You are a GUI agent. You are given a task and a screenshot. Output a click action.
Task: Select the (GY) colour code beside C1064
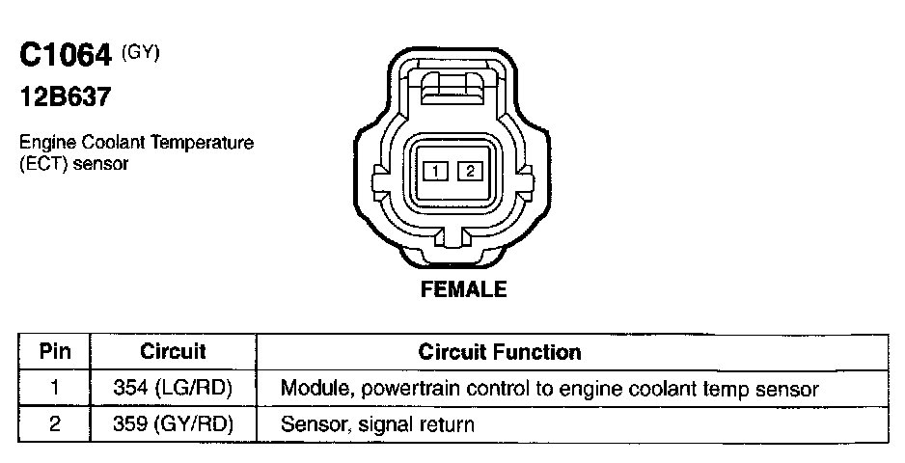coord(140,52)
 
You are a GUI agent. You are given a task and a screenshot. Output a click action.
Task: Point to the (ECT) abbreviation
coord(42,163)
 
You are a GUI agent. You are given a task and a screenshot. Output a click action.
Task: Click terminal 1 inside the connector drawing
coord(436,172)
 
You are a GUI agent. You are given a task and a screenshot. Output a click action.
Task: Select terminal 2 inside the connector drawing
coord(469,172)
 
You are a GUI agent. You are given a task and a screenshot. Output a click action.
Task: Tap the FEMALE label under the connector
coord(463,289)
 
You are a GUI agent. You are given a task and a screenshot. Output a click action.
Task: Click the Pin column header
coord(54,352)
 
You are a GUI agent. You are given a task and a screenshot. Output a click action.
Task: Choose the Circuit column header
coord(173,352)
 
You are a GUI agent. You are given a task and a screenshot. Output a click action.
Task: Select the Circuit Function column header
coord(499,352)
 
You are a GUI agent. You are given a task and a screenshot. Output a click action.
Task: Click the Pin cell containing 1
coord(54,389)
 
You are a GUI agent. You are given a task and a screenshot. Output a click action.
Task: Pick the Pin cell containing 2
coord(54,423)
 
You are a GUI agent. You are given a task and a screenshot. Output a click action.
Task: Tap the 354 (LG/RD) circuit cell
coord(173,389)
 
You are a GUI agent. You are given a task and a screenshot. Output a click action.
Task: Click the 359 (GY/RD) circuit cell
coord(173,423)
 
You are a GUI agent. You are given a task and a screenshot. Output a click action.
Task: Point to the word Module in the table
coord(310,389)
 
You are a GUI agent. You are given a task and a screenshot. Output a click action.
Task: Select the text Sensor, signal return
coord(377,423)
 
